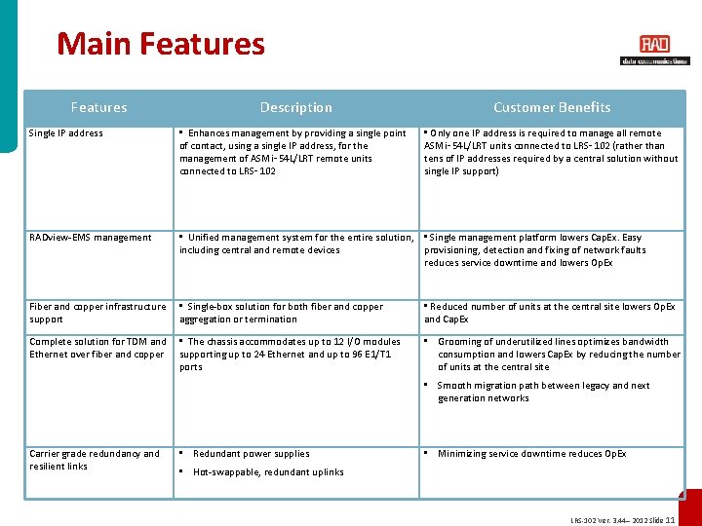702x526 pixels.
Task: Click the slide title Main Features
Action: point(161,44)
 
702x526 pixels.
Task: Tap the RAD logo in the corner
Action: point(654,49)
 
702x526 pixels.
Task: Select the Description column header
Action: point(295,107)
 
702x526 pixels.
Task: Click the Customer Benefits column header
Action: point(552,107)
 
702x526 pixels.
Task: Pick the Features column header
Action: point(98,107)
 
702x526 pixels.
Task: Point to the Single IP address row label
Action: point(66,133)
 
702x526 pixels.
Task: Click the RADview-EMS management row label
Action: point(91,238)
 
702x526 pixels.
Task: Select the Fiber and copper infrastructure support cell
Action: point(97,313)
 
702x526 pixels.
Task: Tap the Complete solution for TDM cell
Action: point(97,348)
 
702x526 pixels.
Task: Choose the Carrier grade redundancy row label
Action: point(95,460)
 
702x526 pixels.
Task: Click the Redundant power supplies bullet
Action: point(251,454)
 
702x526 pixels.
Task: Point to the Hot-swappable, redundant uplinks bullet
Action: point(268,472)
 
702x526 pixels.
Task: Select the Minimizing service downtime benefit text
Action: point(531,454)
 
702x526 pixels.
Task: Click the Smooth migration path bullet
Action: point(543,392)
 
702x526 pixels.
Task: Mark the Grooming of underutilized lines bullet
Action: point(559,355)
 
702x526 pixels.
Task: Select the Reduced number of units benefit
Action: point(551,313)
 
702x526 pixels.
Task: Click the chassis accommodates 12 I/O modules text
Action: point(292,355)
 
